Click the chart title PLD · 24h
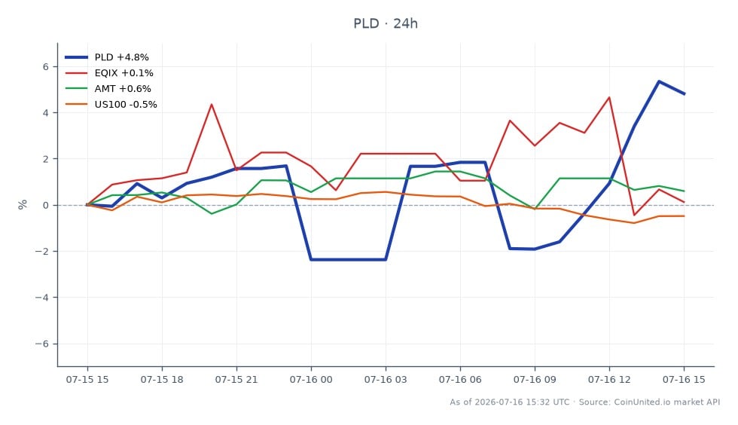386,23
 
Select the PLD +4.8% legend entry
107,57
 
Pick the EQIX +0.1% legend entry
109,73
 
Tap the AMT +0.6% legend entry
108,89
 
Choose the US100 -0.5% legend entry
111,105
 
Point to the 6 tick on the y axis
46,67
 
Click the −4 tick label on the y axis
42,298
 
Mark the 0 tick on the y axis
46,206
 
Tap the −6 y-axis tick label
42,344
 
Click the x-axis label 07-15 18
162,380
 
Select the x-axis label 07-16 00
311,380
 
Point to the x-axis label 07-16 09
535,380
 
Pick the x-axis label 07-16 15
684,380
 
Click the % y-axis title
22,204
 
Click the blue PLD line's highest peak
659,81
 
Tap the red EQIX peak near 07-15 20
212,104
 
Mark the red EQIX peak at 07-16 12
609,97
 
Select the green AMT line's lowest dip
212,214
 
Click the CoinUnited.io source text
649,402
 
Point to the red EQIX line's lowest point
634,216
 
